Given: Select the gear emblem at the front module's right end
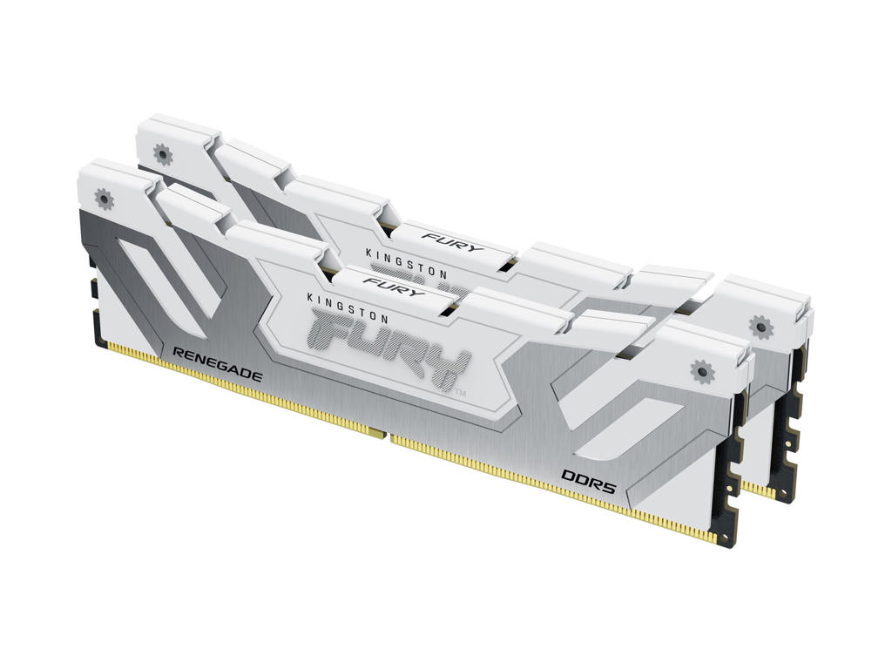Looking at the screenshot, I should tap(700, 371).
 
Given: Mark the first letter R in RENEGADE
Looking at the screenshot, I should tap(179, 351).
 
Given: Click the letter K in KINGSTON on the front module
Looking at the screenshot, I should tap(313, 296).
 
